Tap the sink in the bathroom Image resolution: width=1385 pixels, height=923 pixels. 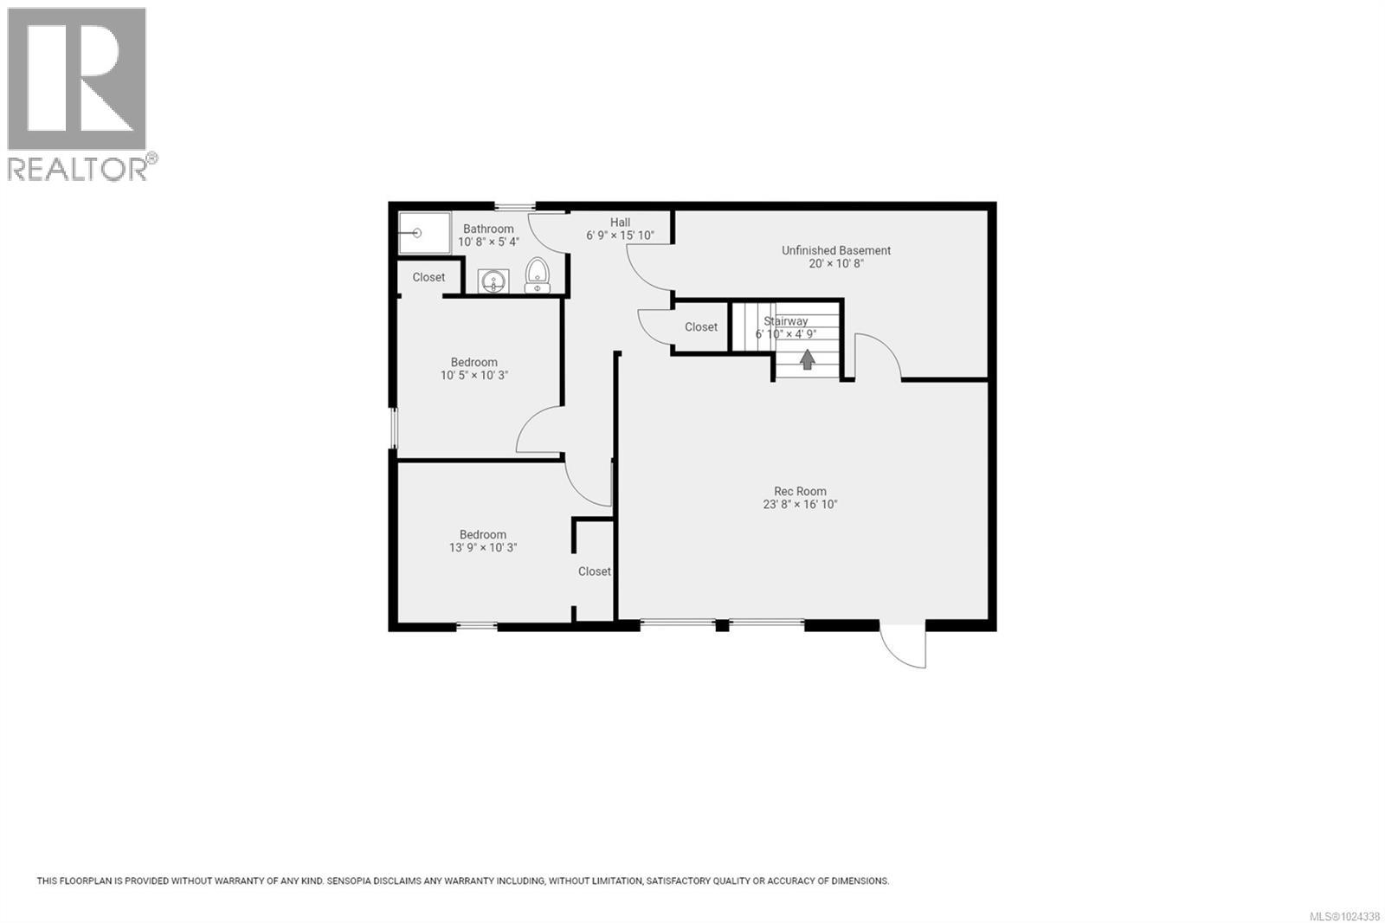point(493,281)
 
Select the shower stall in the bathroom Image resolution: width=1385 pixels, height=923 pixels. point(424,233)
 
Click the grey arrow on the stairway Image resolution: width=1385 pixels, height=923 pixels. point(807,358)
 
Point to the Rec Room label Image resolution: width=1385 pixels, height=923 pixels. point(800,491)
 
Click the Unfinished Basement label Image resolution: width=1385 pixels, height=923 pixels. point(835,250)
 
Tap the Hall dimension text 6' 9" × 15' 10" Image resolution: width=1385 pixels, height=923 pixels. point(620,236)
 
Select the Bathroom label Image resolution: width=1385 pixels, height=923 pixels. point(488,229)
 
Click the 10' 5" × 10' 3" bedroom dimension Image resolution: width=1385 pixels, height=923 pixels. point(474,376)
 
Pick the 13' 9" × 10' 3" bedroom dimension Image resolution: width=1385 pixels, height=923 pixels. point(483,548)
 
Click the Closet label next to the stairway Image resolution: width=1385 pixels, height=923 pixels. point(701,327)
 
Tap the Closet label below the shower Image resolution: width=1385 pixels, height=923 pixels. point(428,277)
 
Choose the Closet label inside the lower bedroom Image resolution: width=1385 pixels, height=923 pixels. point(595,571)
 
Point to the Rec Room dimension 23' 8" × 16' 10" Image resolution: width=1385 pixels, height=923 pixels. point(800,505)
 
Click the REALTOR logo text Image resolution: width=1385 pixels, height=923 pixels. point(78,169)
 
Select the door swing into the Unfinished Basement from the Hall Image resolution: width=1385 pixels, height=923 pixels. point(647,270)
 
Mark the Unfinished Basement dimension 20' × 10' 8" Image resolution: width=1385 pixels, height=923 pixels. point(835,264)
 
